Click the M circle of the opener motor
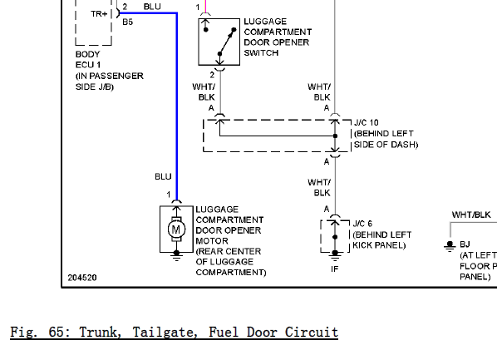(x=176, y=229)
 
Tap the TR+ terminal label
(x=99, y=14)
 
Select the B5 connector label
(x=127, y=22)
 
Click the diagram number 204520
(x=82, y=278)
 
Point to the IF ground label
(x=335, y=269)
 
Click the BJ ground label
(x=465, y=244)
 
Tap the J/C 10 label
(x=366, y=123)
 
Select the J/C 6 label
(x=362, y=224)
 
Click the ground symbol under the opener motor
(x=176, y=255)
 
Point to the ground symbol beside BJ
(x=450, y=246)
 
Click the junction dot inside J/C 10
(x=335, y=136)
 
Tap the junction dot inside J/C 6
(x=335, y=237)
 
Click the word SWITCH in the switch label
(x=261, y=52)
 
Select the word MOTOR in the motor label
(x=212, y=241)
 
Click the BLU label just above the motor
(x=163, y=176)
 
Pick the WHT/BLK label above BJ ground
(x=471, y=215)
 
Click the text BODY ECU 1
(x=88, y=60)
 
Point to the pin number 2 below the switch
(x=212, y=75)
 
